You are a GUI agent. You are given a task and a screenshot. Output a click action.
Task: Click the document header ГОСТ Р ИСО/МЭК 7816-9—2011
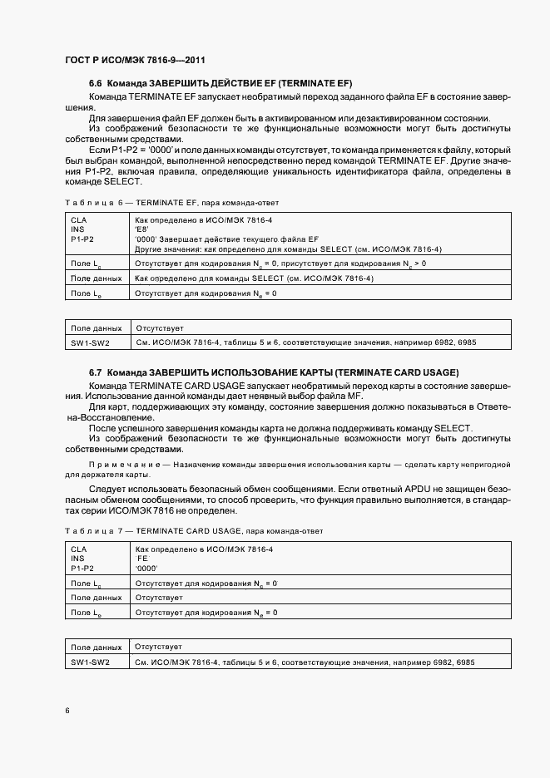(135, 61)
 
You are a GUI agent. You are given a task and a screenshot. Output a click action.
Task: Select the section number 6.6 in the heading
(95, 84)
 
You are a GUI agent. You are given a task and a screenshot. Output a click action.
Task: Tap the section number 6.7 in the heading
(95, 372)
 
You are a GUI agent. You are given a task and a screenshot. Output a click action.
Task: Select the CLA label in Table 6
(79, 219)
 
